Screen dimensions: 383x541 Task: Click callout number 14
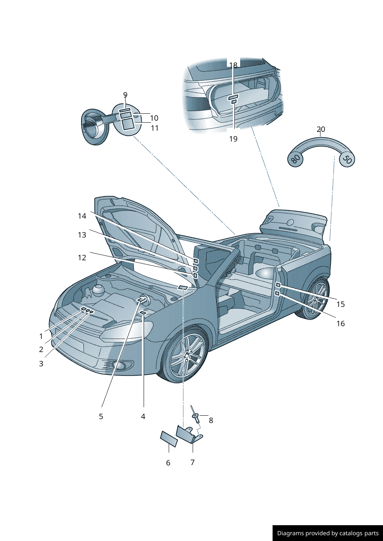[82, 216]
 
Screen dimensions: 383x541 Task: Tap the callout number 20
[321, 129]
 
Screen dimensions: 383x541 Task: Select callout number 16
[341, 324]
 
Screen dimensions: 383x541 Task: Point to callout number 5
[101, 416]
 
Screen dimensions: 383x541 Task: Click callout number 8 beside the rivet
[211, 420]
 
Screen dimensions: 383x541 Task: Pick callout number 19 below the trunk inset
[233, 139]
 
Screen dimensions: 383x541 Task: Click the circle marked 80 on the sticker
[295, 159]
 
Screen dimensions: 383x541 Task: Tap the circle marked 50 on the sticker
[347, 159]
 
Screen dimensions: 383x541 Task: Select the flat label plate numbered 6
[169, 439]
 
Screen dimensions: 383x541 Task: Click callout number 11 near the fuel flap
[155, 128]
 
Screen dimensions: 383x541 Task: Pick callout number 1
[41, 336]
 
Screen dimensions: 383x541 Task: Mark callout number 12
[82, 258]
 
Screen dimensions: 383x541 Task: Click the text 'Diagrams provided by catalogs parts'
[328, 533]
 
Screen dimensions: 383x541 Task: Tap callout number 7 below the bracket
[193, 462]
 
